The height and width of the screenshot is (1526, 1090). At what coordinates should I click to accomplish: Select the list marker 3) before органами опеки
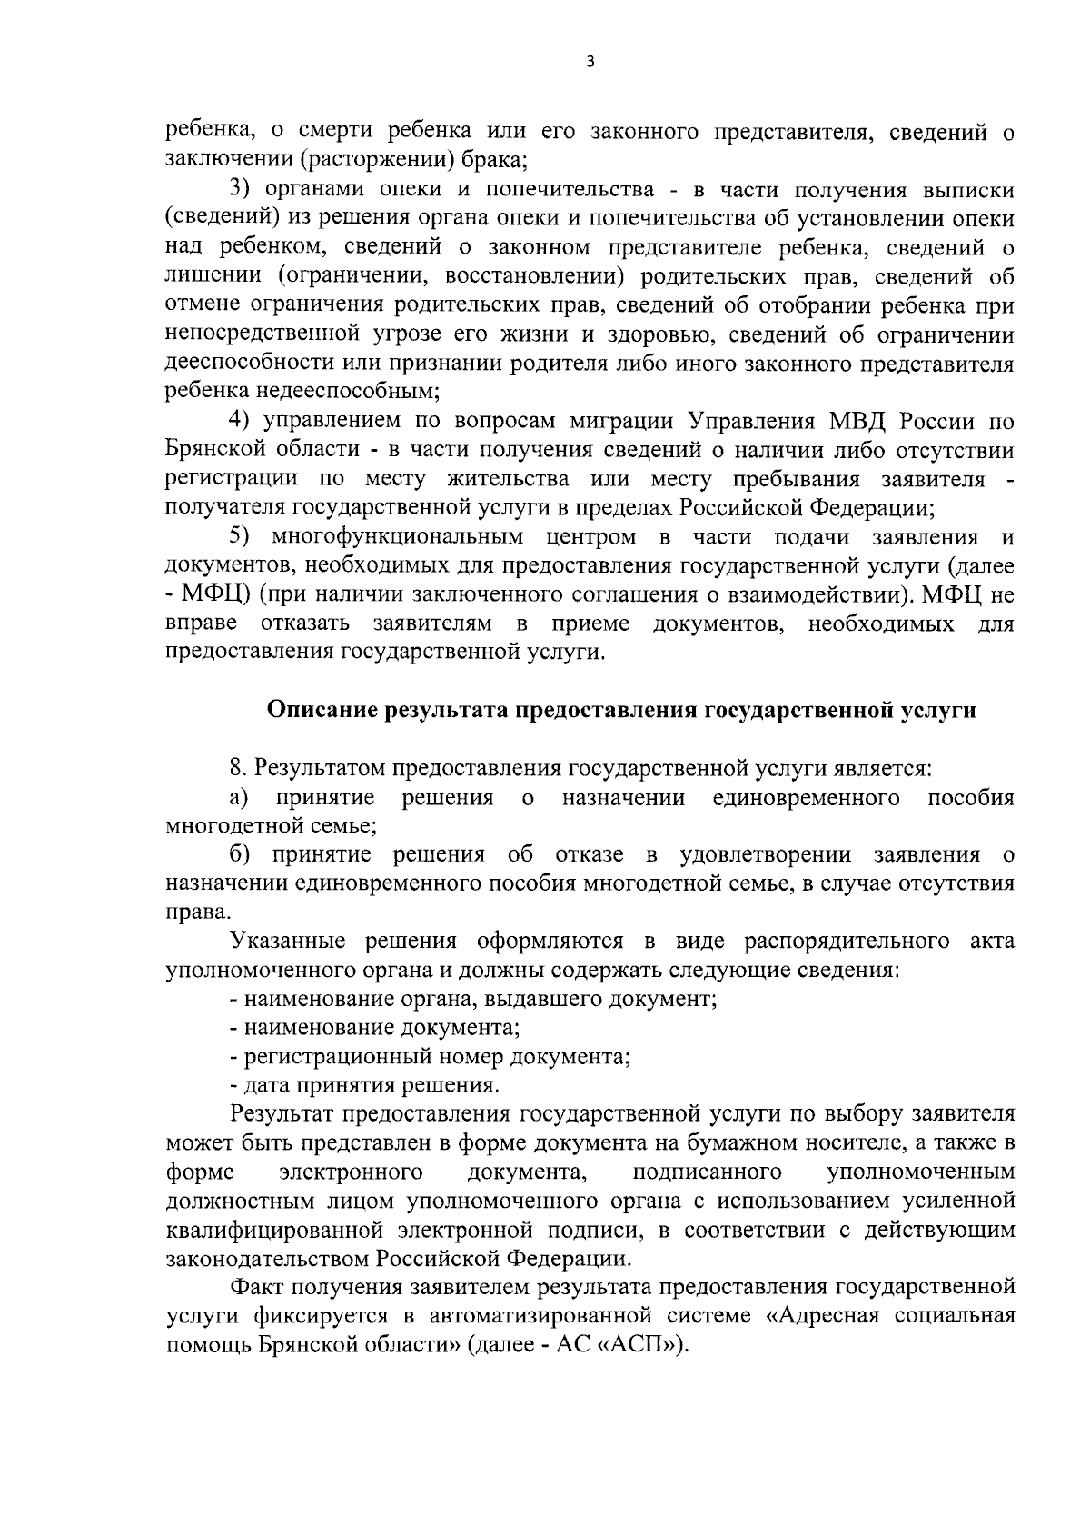click(x=240, y=189)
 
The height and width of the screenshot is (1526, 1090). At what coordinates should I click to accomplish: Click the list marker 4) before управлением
click(x=239, y=421)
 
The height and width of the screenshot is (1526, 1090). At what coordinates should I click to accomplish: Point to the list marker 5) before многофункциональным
click(x=239, y=537)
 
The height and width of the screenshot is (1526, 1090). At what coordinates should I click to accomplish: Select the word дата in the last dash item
click(x=264, y=1086)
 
